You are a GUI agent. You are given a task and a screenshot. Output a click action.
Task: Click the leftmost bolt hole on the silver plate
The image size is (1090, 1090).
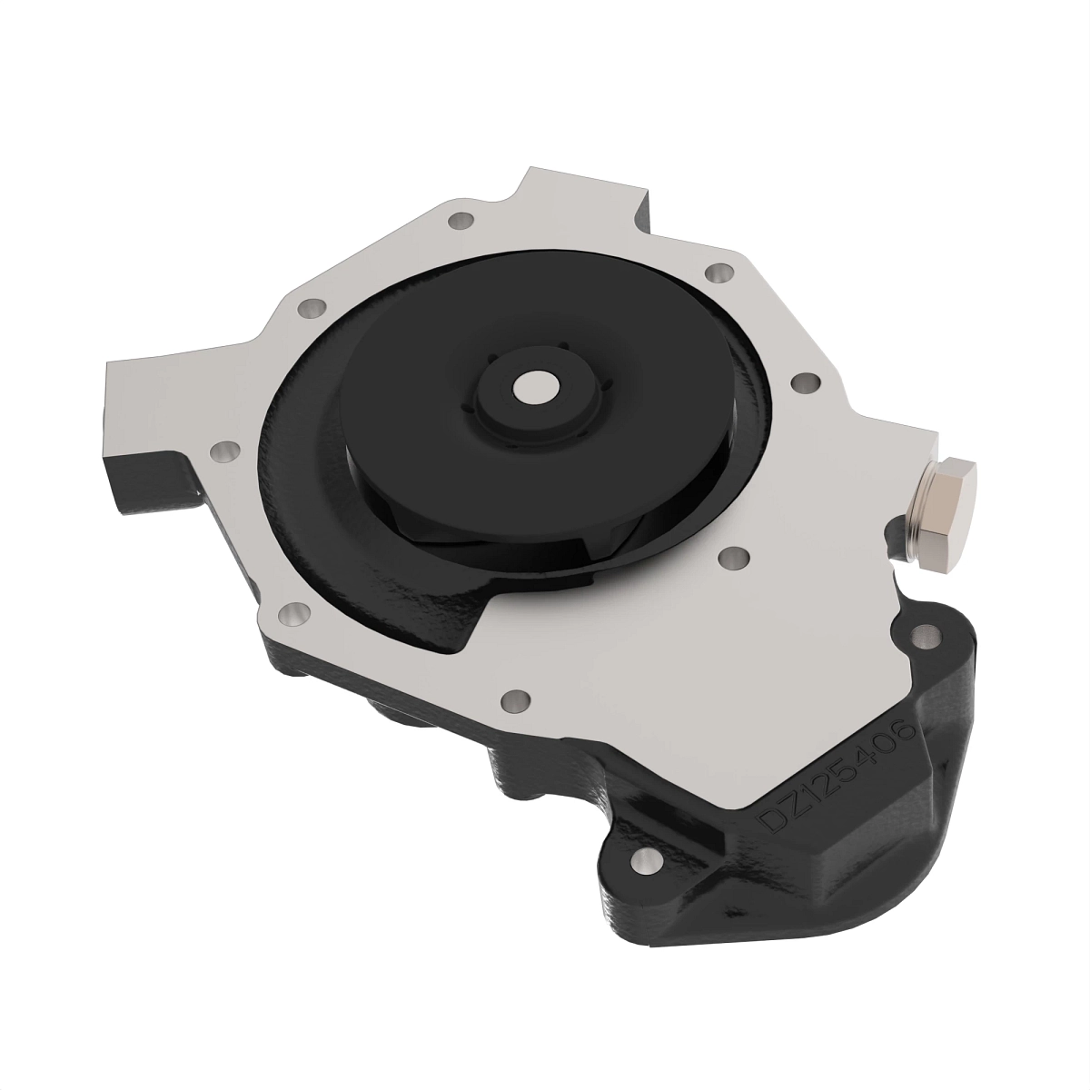point(223,451)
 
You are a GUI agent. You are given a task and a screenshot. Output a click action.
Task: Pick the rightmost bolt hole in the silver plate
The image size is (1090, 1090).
point(802,382)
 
